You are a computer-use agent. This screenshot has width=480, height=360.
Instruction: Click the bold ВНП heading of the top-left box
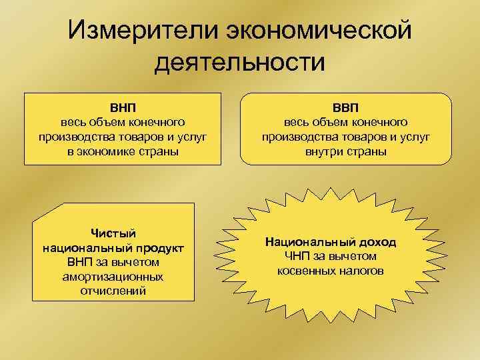123,107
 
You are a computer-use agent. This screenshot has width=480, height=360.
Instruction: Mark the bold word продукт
159,247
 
